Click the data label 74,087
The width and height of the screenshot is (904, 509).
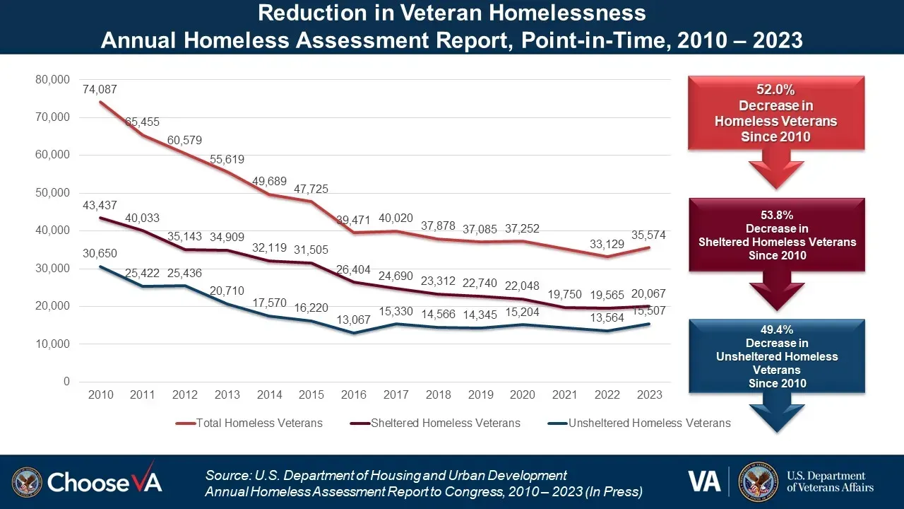100,90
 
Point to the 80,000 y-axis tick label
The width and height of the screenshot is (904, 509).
53,79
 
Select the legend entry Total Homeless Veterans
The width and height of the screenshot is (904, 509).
258,423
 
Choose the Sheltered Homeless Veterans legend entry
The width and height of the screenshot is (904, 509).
446,423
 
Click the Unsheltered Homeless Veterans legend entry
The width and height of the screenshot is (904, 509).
649,423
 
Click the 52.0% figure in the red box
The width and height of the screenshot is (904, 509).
775,90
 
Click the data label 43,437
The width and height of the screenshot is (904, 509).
100,205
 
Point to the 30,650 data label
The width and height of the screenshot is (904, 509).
100,253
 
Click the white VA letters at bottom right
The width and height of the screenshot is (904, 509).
704,481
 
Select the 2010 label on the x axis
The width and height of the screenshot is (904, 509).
101,394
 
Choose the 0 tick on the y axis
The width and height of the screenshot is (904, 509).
66,382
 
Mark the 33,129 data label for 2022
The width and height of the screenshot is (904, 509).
607,245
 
